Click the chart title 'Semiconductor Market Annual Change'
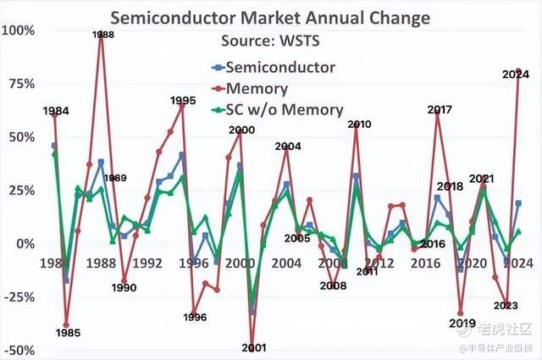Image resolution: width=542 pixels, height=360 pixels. pyautogui.click(x=271, y=17)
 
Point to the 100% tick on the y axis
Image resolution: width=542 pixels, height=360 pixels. pyautogui.click(x=19, y=30)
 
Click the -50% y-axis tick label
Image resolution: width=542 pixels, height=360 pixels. pyautogui.click(x=19, y=350)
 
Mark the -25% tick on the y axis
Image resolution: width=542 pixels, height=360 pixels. pyautogui.click(x=19, y=297)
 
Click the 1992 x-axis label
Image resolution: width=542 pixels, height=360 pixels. pyautogui.click(x=147, y=263)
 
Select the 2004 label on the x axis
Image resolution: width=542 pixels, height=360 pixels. pyautogui.click(x=286, y=263)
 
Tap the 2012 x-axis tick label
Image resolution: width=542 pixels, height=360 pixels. pyautogui.click(x=379, y=263)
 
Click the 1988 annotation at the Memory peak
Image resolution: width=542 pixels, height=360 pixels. pyautogui.click(x=103, y=35)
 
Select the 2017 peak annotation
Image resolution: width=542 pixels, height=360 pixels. pyautogui.click(x=439, y=110)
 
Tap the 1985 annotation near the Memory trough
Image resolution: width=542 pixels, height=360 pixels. pyautogui.click(x=68, y=333)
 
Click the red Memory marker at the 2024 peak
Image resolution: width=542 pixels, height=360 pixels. pyautogui.click(x=518, y=71)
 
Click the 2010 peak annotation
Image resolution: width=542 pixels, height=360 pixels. pyautogui.click(x=359, y=125)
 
